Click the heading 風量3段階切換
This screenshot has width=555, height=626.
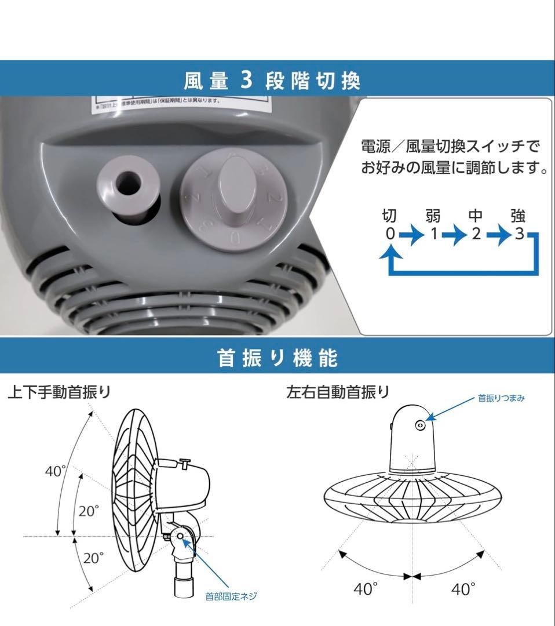click(272, 80)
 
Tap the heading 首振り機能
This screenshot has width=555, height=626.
click(277, 358)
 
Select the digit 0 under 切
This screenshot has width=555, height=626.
click(390, 234)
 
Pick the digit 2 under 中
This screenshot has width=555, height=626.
click(476, 234)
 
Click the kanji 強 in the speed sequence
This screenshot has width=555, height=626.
click(518, 217)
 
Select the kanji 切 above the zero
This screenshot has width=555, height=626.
click(390, 217)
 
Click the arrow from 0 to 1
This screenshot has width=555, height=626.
click(411, 235)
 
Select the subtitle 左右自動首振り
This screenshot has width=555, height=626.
click(338, 392)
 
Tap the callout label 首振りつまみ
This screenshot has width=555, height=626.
click(501, 399)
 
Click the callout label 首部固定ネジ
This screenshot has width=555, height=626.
click(231, 596)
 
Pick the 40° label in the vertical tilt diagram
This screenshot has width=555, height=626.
click(56, 471)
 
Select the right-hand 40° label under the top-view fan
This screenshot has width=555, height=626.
click(463, 589)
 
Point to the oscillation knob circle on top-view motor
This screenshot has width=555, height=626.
click(419, 425)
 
